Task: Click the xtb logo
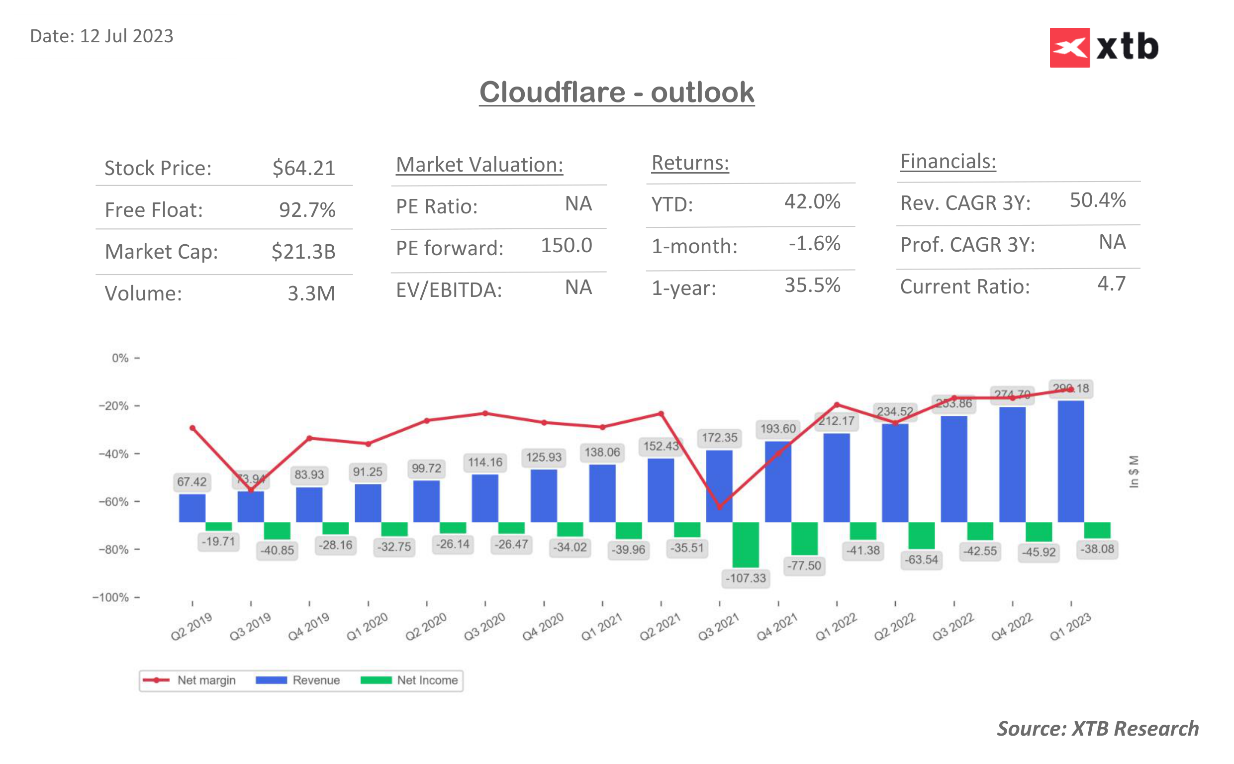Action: [1103, 47]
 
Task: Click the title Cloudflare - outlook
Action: [616, 92]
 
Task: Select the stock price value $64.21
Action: [303, 168]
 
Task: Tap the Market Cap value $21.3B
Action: [303, 252]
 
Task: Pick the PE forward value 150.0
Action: [566, 246]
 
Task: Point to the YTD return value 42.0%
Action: [812, 201]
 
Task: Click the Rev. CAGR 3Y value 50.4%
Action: [1097, 200]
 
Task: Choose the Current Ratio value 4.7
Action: [1111, 284]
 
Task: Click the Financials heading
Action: [948, 162]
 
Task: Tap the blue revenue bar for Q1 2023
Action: [1070, 461]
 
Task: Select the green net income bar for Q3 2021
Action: [746, 544]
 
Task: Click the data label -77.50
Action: [804, 566]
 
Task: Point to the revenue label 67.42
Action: [191, 481]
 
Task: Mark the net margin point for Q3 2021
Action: [719, 507]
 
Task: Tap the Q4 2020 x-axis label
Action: [543, 627]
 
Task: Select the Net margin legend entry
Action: [190, 680]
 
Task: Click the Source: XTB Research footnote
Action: [1097, 729]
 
